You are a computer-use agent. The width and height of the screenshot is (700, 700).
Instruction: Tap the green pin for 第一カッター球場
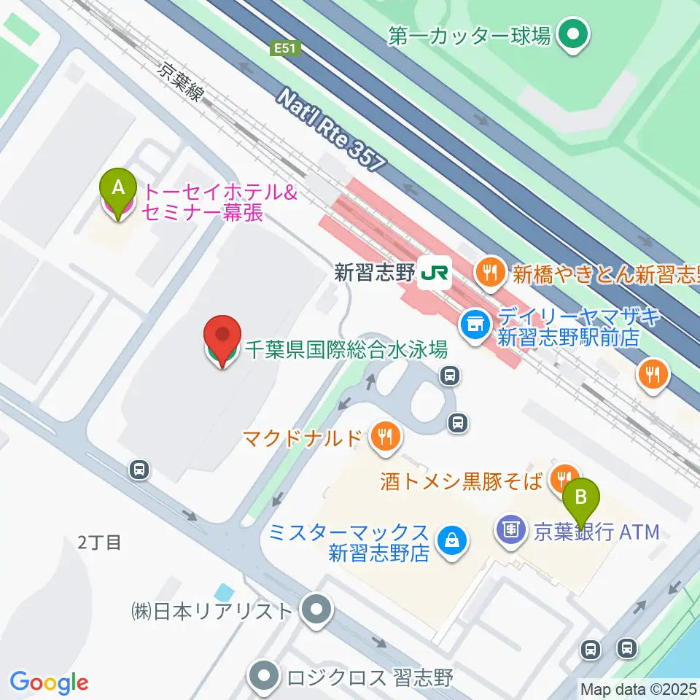tap(573, 34)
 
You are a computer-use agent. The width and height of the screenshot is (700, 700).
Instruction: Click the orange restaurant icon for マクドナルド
tap(384, 437)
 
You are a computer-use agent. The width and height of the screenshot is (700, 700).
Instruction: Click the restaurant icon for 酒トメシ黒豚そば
tap(564, 478)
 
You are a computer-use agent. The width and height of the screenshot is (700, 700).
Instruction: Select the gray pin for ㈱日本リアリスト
tap(317, 610)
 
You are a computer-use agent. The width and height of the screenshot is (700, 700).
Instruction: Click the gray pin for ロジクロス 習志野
tap(264, 677)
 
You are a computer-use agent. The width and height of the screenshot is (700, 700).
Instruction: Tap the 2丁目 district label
tap(99, 542)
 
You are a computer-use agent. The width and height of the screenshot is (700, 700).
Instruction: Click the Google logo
tap(49, 682)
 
